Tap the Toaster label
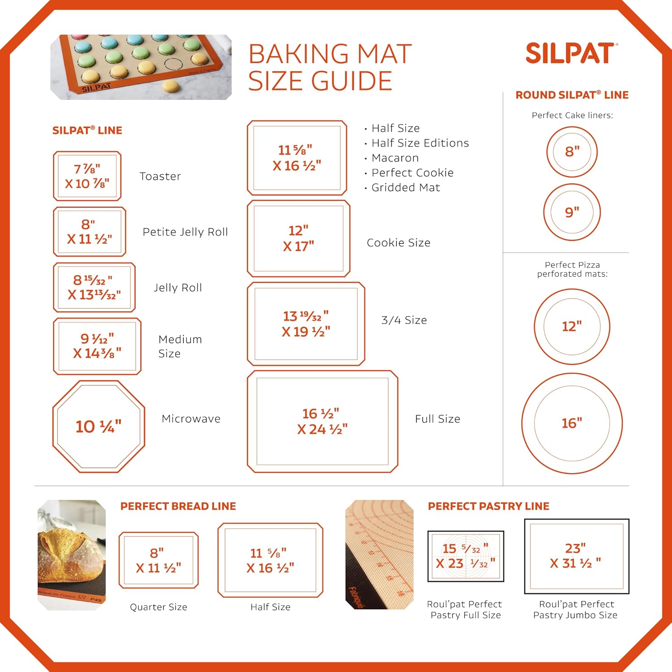point(160,176)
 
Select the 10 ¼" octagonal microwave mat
point(99,426)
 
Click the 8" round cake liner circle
point(572,128)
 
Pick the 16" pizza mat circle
point(572,374)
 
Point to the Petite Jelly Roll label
point(185,232)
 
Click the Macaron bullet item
point(395,158)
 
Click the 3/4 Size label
point(404,320)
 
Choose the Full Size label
point(438,419)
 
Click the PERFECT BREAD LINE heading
point(178,506)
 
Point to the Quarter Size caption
point(159,607)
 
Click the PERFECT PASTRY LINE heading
point(488,506)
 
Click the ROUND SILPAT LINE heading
point(572,95)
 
